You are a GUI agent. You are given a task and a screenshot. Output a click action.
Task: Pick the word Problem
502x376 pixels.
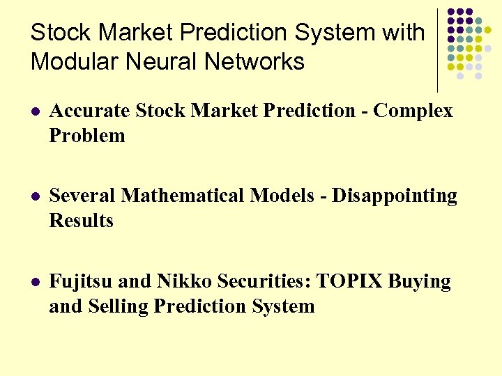point(87,136)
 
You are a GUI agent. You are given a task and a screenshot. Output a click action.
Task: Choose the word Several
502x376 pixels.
point(83,196)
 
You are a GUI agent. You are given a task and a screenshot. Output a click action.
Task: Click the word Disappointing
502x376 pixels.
point(394,196)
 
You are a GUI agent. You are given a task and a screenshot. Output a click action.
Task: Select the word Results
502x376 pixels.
point(81,221)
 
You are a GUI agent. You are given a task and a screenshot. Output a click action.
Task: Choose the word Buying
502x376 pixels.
point(419,281)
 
